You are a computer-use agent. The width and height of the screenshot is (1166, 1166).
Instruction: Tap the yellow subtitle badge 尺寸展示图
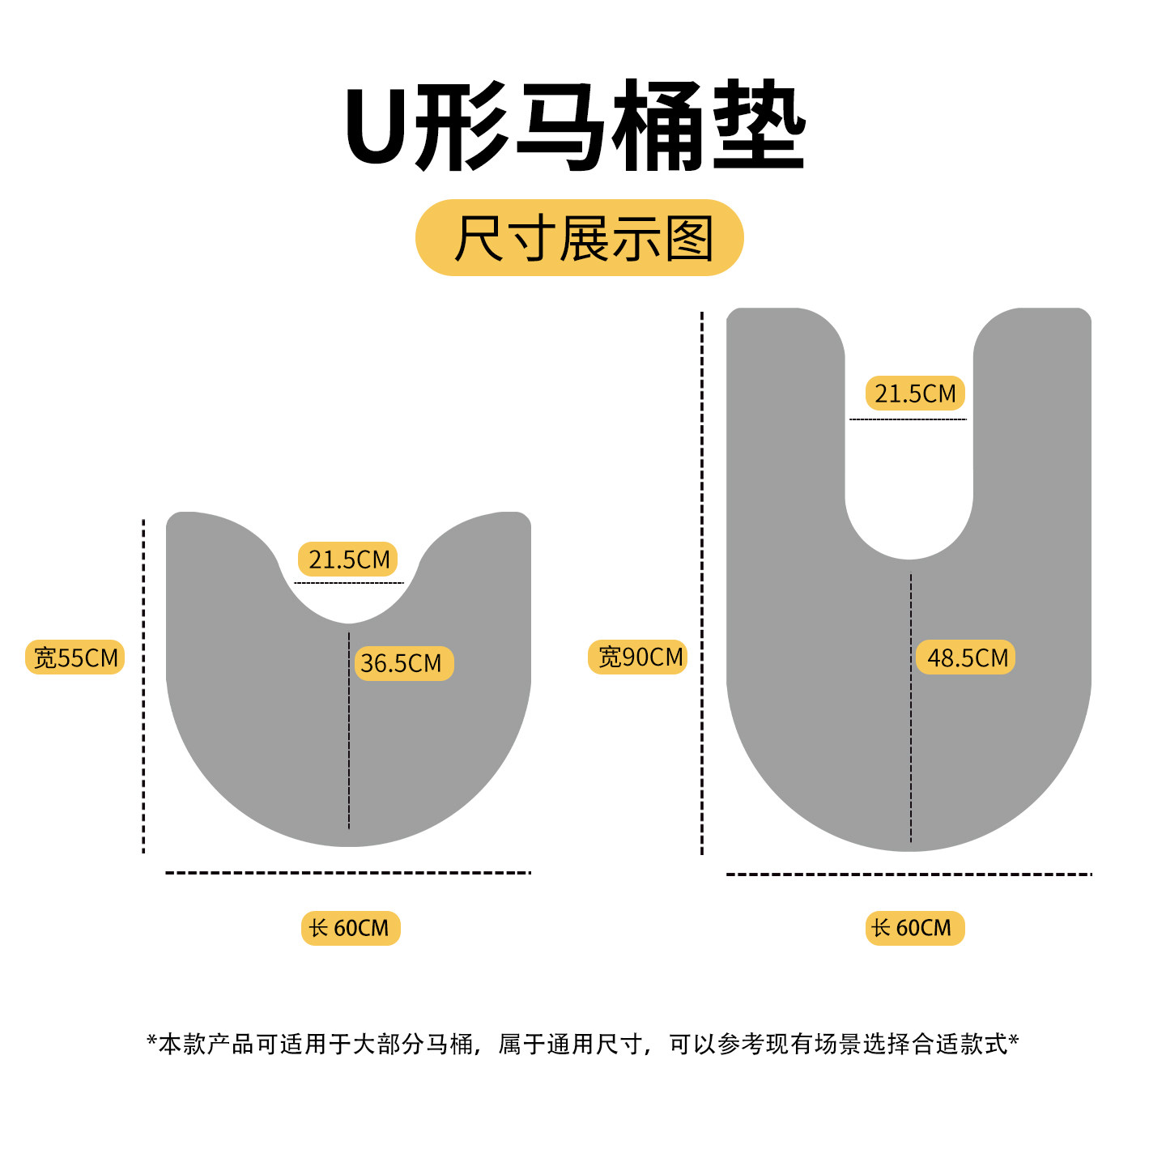(x=580, y=238)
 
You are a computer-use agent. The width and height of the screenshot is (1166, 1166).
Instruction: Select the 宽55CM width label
(x=75, y=657)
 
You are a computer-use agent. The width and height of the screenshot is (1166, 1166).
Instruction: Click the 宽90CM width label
(x=638, y=657)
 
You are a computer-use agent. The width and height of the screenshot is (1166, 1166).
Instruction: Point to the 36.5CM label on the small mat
(x=402, y=663)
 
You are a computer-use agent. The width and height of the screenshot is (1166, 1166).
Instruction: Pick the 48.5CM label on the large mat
(x=966, y=657)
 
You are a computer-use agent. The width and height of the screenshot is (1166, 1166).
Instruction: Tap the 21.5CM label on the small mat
(x=348, y=560)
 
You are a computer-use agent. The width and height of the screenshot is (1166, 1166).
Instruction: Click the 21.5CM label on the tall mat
(x=915, y=394)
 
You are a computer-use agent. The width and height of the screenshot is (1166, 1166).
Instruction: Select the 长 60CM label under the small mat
(x=350, y=928)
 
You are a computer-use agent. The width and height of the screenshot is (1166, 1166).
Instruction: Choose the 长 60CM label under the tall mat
(x=914, y=928)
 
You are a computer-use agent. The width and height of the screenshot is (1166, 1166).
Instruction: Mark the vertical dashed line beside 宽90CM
(x=702, y=583)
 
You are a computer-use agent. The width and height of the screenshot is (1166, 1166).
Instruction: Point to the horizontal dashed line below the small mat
(x=348, y=873)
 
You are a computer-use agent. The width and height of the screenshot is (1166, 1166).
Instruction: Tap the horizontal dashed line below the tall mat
(x=909, y=874)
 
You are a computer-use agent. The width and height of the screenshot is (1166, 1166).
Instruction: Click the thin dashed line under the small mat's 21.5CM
(x=348, y=582)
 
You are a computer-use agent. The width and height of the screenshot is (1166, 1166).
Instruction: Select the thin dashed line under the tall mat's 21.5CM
(x=908, y=419)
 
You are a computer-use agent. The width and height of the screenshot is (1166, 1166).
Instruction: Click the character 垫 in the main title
(x=759, y=126)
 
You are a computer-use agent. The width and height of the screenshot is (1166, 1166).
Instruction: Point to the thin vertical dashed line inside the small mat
(x=349, y=729)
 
